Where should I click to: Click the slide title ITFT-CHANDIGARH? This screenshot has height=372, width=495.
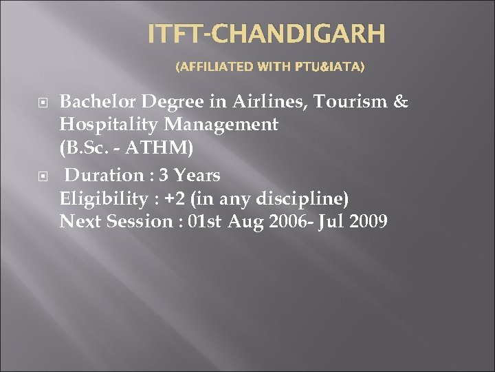(x=267, y=34)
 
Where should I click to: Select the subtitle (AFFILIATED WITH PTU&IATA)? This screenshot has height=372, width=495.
(x=270, y=68)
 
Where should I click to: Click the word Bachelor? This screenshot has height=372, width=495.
(x=98, y=103)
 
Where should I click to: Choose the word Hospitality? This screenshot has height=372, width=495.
(x=108, y=125)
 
